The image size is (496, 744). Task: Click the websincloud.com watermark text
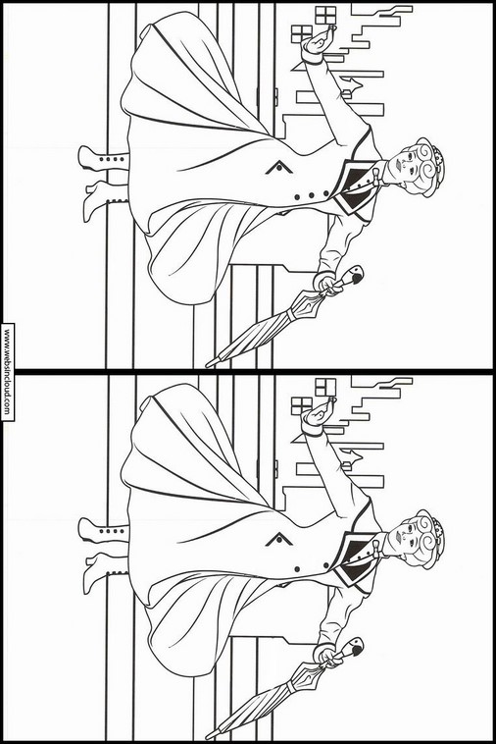tap(7, 372)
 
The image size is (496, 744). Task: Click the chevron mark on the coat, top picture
tap(279, 168)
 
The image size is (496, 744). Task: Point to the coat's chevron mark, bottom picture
tap(279, 540)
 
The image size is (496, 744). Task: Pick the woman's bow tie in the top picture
tap(377, 177)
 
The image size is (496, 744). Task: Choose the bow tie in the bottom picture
tap(377, 549)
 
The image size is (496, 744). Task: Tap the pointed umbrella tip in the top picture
tap(209, 364)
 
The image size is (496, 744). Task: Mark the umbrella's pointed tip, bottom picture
tap(209, 736)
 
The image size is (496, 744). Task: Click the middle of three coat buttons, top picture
tap(312, 195)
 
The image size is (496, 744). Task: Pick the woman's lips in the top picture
tap(398, 164)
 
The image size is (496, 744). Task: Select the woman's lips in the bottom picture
tap(398, 536)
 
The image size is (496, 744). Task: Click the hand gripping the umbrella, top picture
tap(327, 286)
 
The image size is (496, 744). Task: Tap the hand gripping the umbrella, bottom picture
tap(327, 658)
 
